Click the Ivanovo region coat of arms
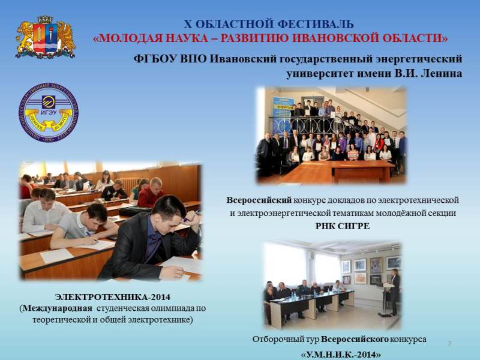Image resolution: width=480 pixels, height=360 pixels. [46, 37]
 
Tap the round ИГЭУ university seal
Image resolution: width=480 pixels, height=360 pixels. [49, 112]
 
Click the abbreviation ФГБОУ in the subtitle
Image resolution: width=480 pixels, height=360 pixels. [155, 58]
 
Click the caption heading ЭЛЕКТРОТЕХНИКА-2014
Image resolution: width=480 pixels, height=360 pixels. [113, 297]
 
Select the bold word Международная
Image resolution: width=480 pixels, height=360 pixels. [57, 308]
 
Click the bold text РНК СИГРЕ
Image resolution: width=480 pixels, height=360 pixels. [343, 226]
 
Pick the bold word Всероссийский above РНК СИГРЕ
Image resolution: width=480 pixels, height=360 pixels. [259, 200]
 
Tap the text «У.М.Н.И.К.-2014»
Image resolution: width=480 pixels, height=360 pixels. [341, 355]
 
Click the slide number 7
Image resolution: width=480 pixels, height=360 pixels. [449, 343]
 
